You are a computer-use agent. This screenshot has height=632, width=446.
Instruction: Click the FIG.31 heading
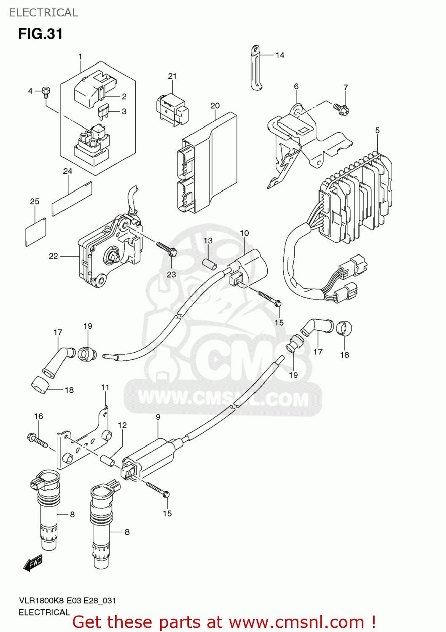point(40,34)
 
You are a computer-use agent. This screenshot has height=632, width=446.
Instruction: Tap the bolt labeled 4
point(46,91)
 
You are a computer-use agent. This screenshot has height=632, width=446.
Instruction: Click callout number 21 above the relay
point(172,76)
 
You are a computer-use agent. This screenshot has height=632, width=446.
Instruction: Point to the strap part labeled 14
point(255,67)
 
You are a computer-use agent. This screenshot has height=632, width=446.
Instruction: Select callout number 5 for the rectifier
point(377,131)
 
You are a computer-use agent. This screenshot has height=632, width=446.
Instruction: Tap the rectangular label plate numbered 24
point(72,198)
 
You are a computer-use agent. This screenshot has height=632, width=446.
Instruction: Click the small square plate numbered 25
point(36,232)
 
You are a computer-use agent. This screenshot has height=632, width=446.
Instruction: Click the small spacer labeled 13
point(210,263)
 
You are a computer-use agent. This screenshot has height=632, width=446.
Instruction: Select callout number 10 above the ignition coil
point(244,233)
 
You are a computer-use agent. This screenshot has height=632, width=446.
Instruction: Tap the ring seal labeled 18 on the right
point(344,328)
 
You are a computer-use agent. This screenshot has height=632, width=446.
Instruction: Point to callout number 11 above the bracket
point(105,387)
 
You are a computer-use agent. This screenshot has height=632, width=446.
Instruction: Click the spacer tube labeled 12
point(107,460)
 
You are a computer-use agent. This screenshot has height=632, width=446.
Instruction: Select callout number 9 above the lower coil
point(158,417)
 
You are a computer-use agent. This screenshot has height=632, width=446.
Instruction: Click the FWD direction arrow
point(33,563)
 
